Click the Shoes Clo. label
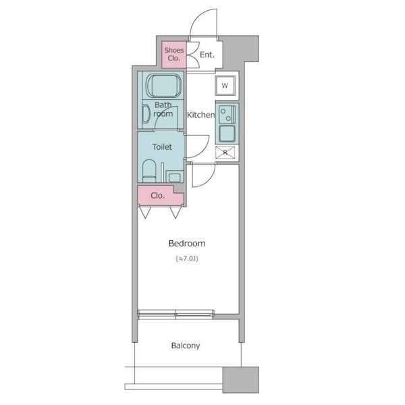pos(174,54)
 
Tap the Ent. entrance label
pos(207,55)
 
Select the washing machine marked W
pos(225,86)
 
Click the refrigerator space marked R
pos(225,153)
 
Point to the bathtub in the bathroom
pos(164,86)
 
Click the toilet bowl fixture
pos(149,171)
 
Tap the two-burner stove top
pos(227,114)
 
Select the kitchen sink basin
pos(227,134)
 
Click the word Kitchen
pos(201,115)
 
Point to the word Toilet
pos(162,147)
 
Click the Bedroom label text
pos(187,243)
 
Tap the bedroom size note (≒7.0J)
pos(187,259)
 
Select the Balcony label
pos(186,346)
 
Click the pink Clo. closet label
pos(157,196)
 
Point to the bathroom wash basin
pos(146,114)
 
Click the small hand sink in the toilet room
pos(175,177)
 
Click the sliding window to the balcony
pos(175,314)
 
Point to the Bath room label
pos(163,109)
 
